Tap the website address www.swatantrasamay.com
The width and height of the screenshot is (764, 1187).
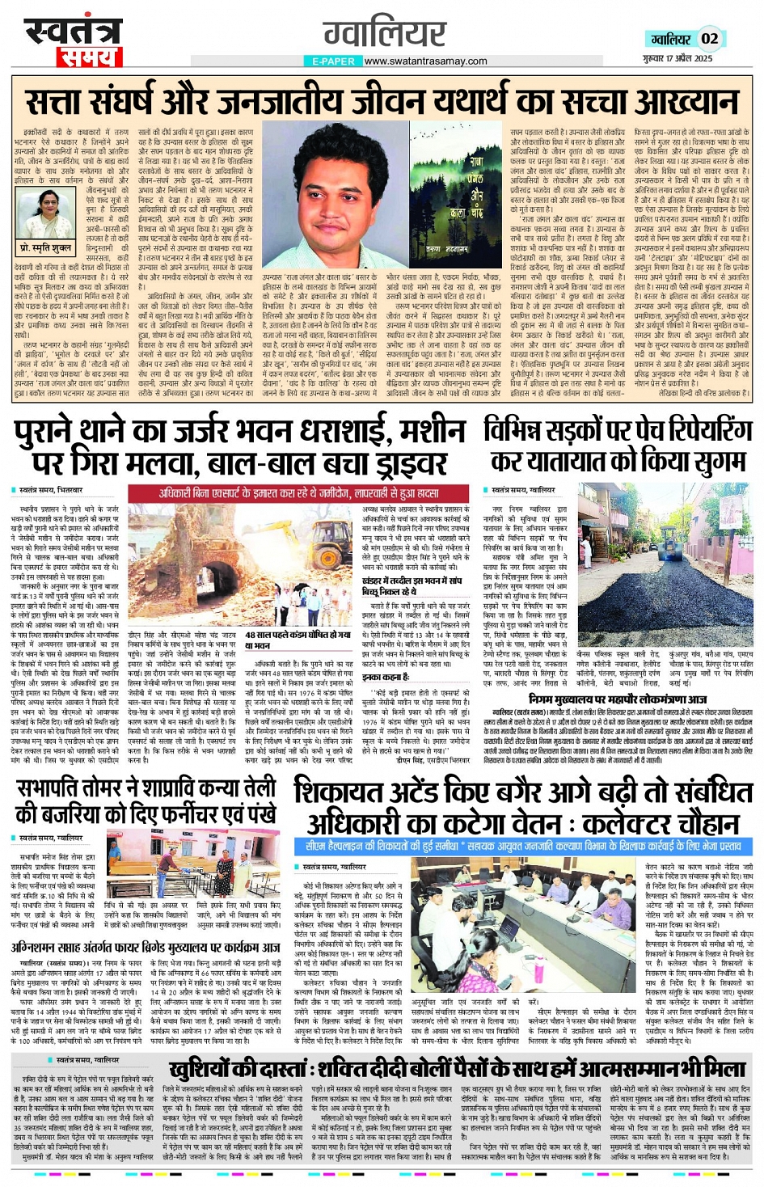pyautogui.click(x=425, y=61)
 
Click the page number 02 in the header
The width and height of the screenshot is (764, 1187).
pyautogui.click(x=709, y=38)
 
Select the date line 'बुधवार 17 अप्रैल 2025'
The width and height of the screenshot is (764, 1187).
pyautogui.click(x=677, y=58)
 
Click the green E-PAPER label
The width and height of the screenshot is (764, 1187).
pyautogui.click(x=333, y=61)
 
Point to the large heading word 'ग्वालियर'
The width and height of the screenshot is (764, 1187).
pyautogui.click(x=384, y=34)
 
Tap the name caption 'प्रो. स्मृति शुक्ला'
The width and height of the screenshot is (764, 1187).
pyautogui.click(x=45, y=247)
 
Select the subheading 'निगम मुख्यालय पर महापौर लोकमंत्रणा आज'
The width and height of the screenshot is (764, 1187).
pyautogui.click(x=618, y=699)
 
